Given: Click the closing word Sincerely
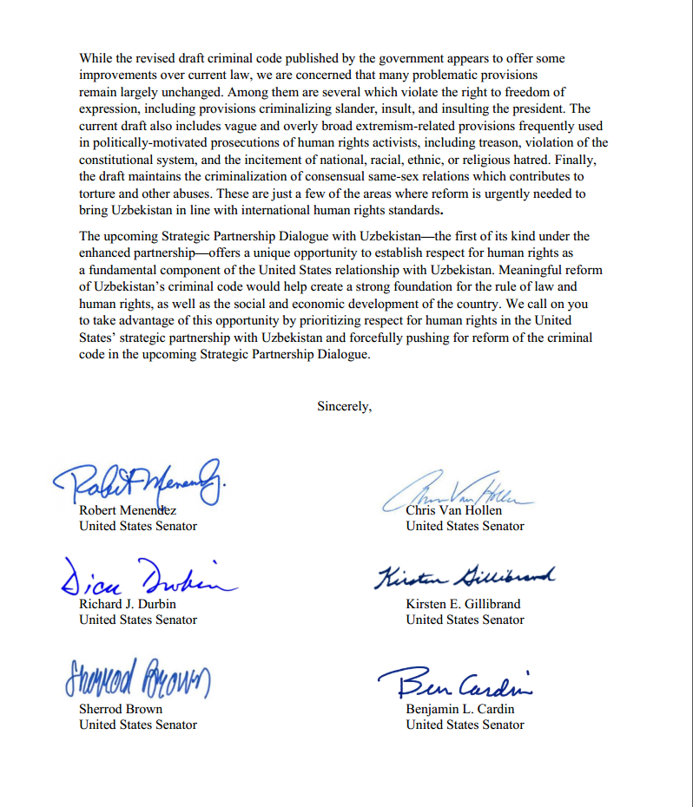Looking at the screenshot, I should pos(344,405).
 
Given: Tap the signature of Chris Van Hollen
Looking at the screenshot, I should pos(458,491).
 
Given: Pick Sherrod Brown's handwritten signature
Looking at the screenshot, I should pos(138,679).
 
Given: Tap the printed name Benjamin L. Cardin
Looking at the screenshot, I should pos(459,709).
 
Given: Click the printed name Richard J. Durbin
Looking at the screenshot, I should pos(126,604).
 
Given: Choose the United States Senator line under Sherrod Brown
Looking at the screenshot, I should pos(138,725).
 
